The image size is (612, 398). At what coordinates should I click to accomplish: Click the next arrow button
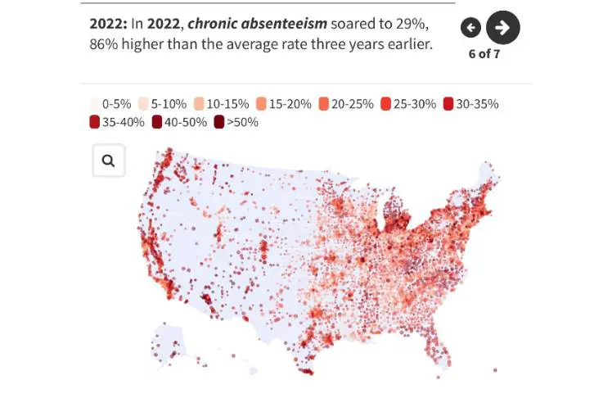pyautogui.click(x=502, y=28)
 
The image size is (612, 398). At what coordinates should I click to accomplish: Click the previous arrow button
pyautogui.click(x=470, y=28)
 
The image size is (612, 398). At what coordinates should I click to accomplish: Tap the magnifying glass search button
pyautogui.click(x=109, y=161)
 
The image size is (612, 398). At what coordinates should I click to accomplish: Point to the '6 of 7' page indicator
pyautogui.click(x=484, y=54)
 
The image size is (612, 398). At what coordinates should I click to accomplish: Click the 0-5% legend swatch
pyautogui.click(x=95, y=104)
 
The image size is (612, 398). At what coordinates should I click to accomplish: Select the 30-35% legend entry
pyautogui.click(x=470, y=104)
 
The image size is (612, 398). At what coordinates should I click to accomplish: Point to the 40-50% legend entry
pyautogui.click(x=179, y=122)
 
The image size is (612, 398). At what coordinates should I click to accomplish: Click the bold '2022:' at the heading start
pyautogui.click(x=107, y=24)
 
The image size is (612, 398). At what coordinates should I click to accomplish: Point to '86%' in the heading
pyautogui.click(x=104, y=43)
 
